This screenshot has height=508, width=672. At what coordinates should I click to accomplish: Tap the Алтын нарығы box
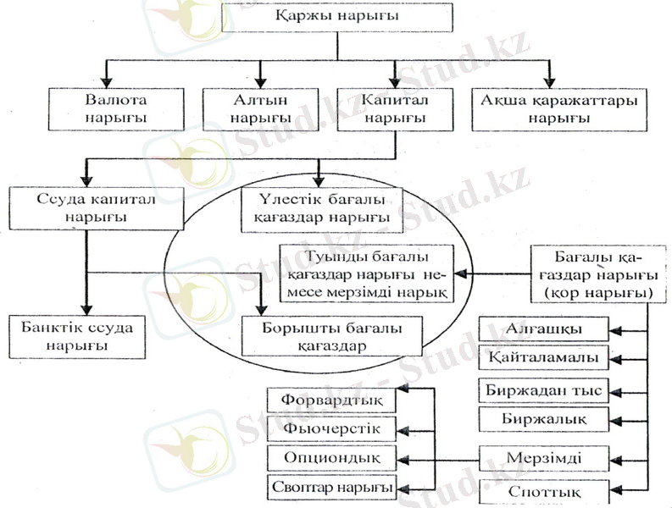pos(261,108)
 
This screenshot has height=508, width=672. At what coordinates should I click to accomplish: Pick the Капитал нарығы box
pos(392,108)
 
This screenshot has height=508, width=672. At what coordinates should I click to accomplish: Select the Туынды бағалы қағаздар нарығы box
pos(366,273)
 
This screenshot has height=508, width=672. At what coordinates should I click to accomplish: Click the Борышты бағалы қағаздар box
pos(332,336)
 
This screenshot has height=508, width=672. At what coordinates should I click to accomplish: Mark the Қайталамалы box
pos(543,358)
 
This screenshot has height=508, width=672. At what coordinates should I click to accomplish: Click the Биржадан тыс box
pos(543,390)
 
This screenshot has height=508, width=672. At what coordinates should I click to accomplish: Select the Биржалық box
pos(543,419)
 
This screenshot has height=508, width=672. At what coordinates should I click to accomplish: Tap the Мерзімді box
pos(543,458)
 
